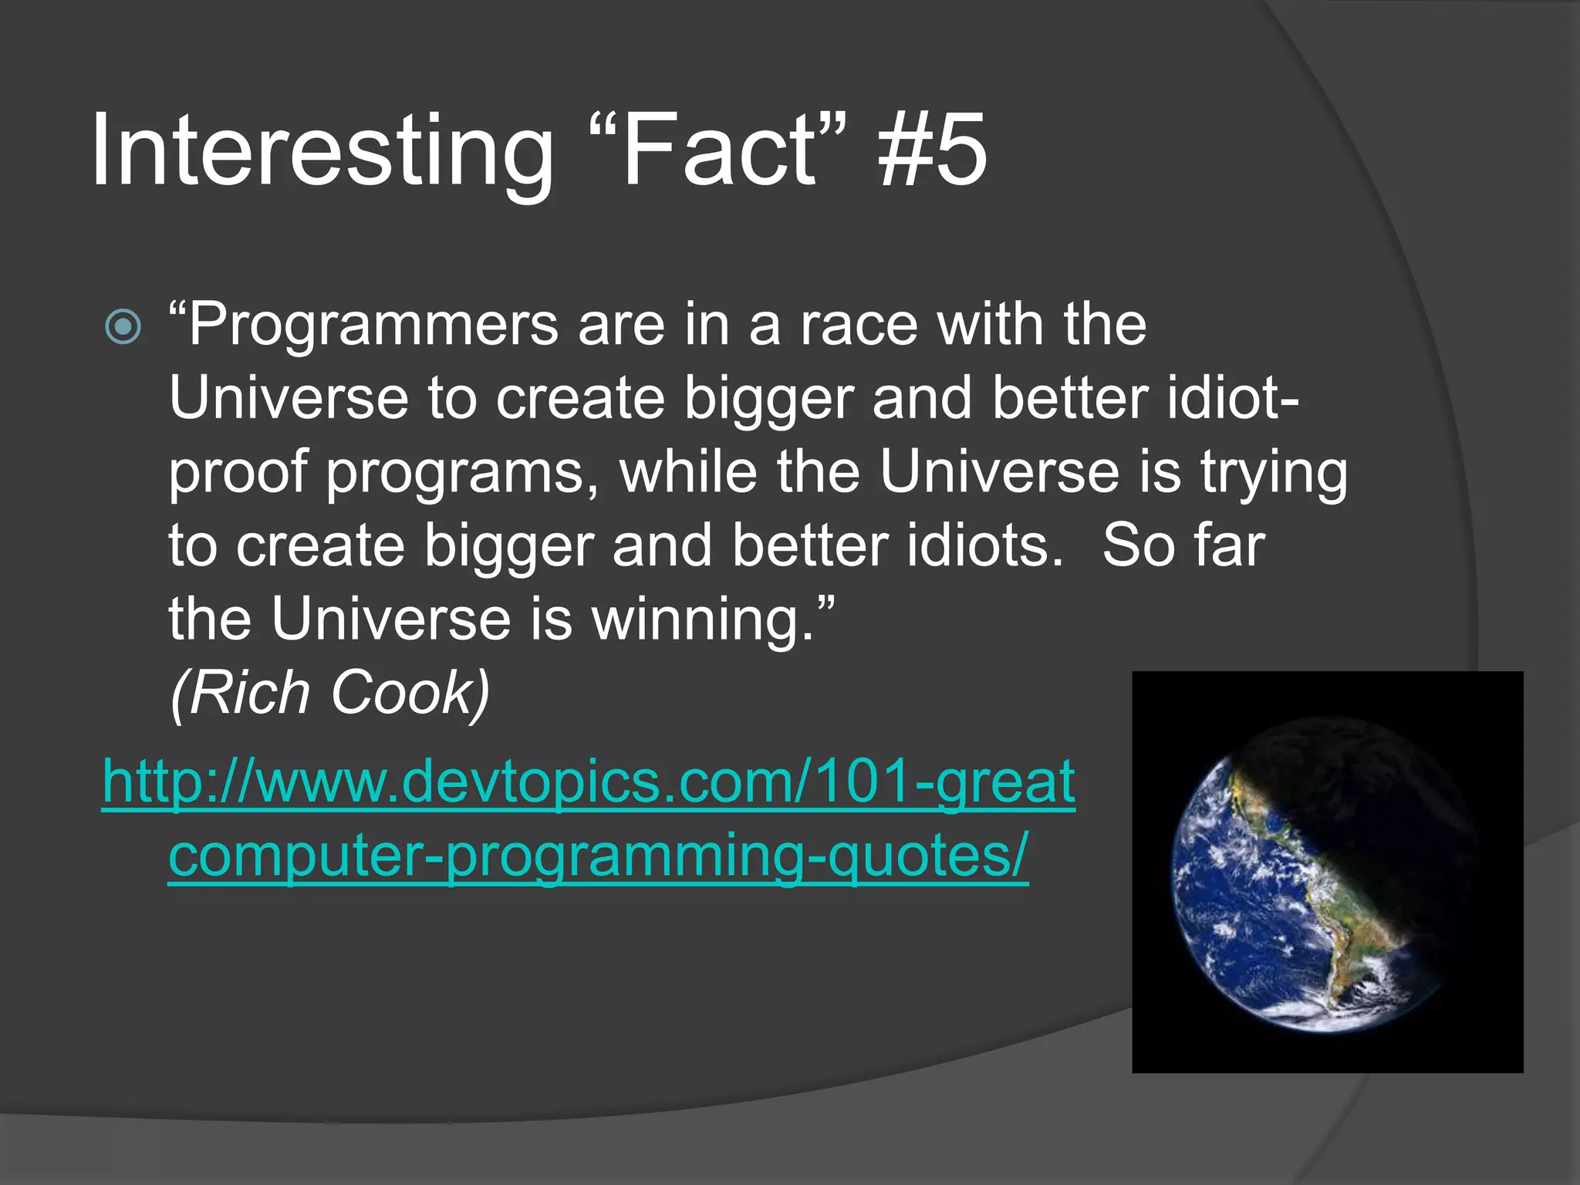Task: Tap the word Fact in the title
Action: [x=717, y=150]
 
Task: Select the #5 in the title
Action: [x=932, y=150]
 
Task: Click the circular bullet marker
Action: [x=123, y=327]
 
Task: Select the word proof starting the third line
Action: [x=238, y=473]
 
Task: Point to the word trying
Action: [x=1274, y=473]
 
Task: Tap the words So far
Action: [x=1183, y=546]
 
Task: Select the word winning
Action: [x=703, y=620]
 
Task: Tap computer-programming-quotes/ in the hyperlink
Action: [x=598, y=855]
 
